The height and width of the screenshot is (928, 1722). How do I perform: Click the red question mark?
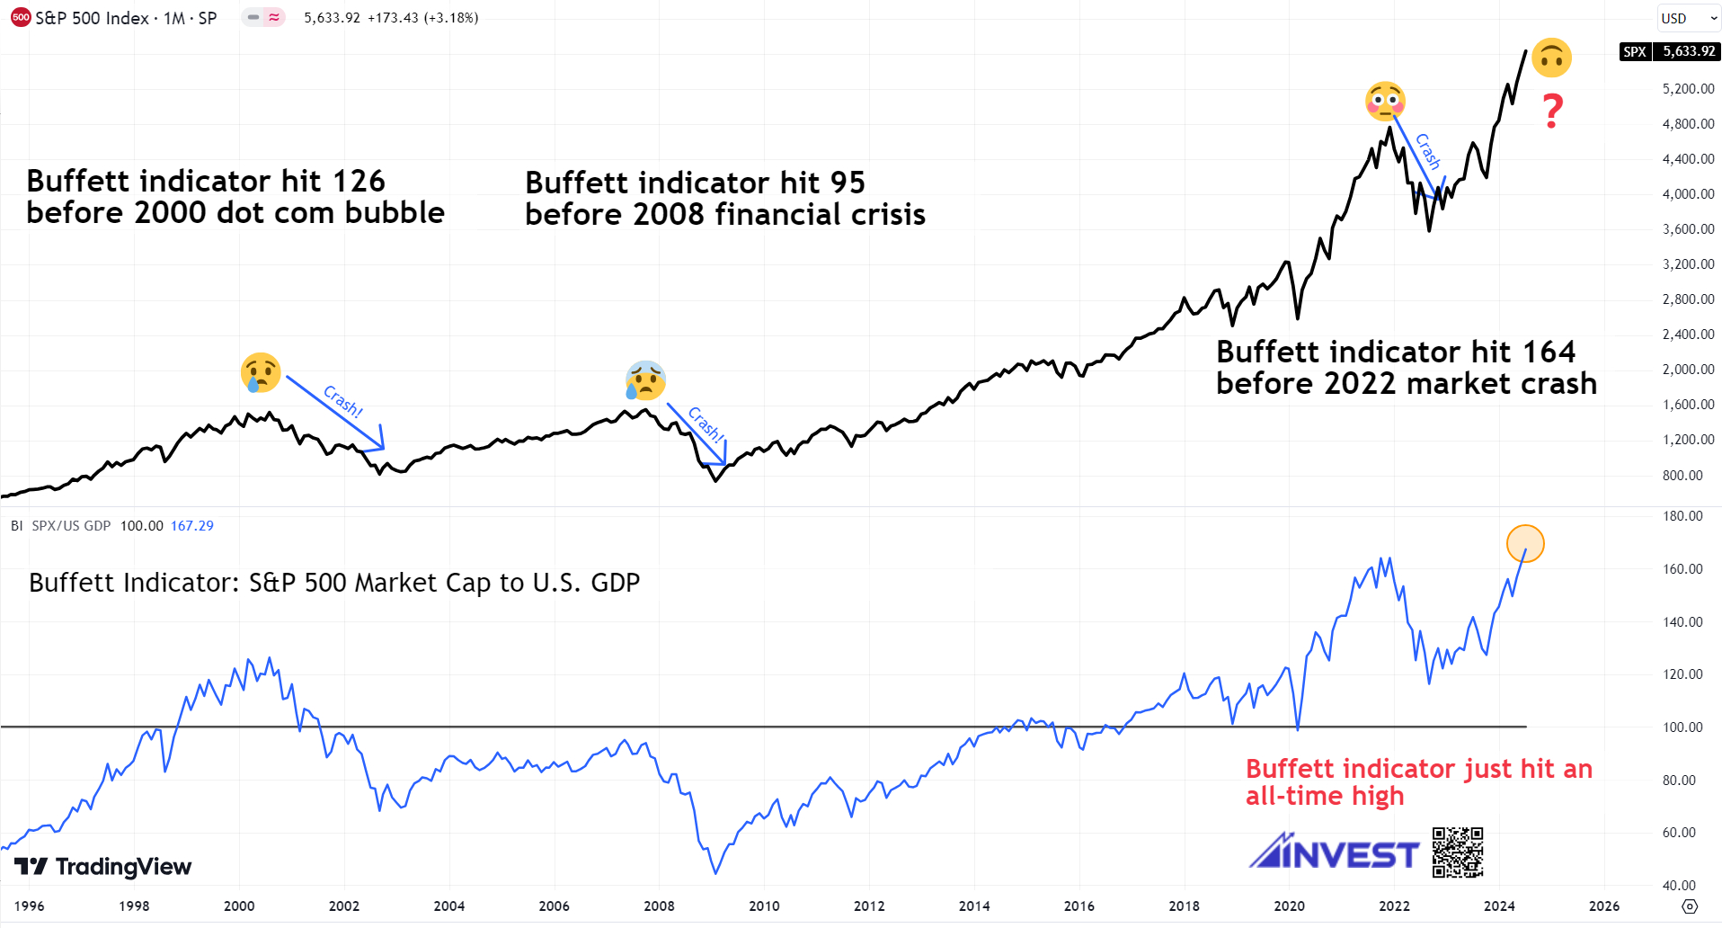[x=1552, y=112]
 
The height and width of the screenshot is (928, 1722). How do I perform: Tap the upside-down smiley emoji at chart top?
[x=1551, y=58]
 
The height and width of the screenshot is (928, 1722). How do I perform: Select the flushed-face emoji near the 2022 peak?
[x=1385, y=101]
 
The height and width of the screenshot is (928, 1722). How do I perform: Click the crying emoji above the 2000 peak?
[x=261, y=372]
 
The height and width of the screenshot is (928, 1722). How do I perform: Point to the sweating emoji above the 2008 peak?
[x=645, y=380]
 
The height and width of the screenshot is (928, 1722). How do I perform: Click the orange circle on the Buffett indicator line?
[x=1525, y=543]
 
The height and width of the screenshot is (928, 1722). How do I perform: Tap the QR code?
[x=1457, y=852]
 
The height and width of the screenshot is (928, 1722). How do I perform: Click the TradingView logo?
[x=103, y=867]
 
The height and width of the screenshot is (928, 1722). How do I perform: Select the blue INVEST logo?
[x=1334, y=852]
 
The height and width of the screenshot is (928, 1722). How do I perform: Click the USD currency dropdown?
[x=1688, y=18]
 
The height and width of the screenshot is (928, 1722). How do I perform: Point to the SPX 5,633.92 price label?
[x=1670, y=51]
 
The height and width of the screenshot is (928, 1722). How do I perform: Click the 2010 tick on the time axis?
[x=764, y=906]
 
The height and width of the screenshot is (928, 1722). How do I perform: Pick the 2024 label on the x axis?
[x=1499, y=906]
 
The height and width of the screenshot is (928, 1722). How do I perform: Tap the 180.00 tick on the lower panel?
[x=1682, y=516]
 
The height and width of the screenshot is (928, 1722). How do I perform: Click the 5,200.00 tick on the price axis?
[x=1688, y=89]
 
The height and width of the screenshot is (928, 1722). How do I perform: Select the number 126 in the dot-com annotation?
[x=359, y=182]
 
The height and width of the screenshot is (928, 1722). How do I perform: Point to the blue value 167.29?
[x=192, y=526]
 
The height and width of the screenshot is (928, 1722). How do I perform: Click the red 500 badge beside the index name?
[x=21, y=18]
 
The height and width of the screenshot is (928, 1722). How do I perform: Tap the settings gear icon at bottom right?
[x=1690, y=906]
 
